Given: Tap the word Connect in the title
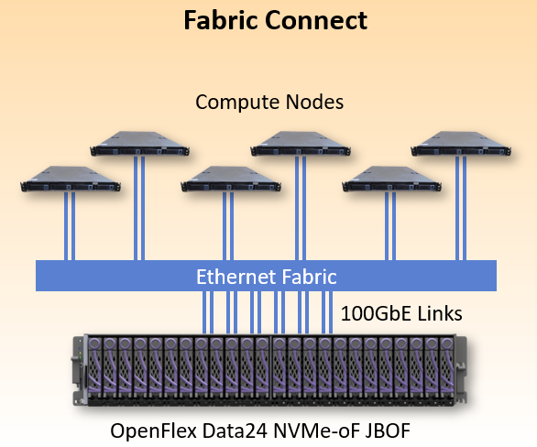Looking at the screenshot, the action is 316,20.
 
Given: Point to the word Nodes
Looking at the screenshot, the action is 314,102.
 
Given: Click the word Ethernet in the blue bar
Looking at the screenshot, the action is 236,277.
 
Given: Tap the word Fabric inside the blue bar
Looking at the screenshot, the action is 309,277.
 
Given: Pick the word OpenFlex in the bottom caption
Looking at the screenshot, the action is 154,431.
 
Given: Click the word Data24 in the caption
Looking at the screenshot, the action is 235,431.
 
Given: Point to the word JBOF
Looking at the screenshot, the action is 388,431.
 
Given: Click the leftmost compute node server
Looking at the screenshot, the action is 71,179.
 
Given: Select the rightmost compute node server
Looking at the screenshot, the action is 461,144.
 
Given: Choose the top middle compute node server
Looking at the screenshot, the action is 301,144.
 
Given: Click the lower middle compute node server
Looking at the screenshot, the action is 231,179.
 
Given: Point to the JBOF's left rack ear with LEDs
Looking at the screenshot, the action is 79,370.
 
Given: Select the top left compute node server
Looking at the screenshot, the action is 139,144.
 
